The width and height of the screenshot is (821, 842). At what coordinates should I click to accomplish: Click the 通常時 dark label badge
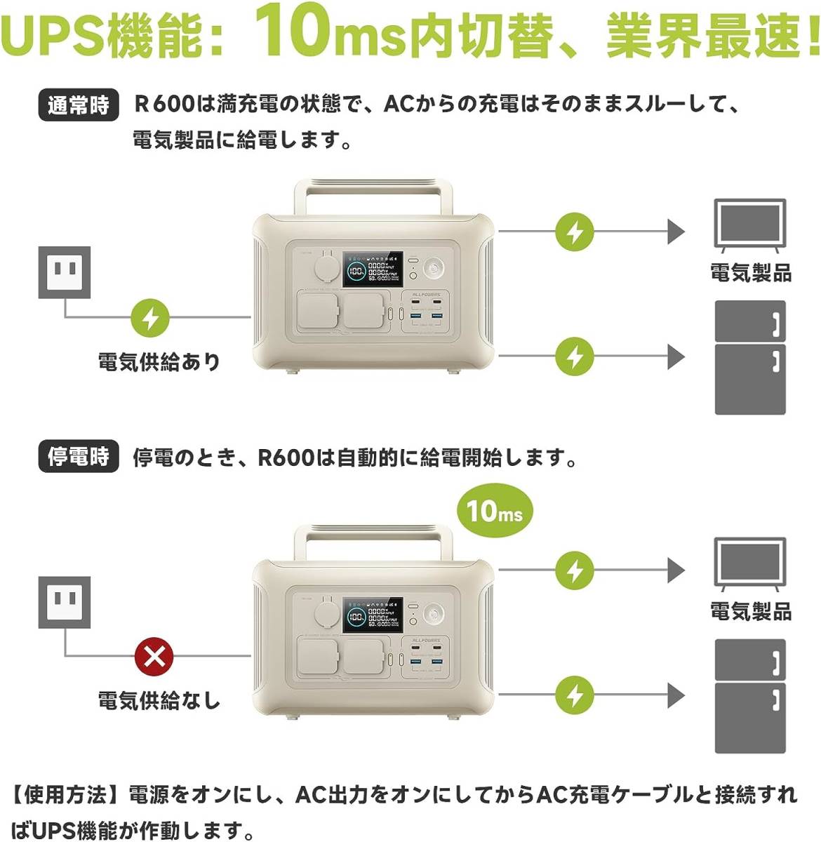point(78,105)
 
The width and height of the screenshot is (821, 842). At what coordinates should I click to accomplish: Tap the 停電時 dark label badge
point(78,457)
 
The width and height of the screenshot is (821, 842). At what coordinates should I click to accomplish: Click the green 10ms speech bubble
point(494,511)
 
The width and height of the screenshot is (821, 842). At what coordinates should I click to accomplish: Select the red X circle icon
point(154,657)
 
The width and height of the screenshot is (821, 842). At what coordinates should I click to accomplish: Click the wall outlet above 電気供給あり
point(65,272)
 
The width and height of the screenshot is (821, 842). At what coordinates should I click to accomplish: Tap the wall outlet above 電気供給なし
point(65,602)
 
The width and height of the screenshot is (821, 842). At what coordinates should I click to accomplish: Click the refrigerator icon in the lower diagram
point(749,695)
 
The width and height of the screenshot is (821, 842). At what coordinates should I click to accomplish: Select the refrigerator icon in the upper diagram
point(749,357)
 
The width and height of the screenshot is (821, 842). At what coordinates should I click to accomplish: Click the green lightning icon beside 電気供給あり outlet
point(151,317)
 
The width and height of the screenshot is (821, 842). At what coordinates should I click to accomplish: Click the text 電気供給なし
point(159,700)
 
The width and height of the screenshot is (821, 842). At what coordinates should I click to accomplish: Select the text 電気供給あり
point(159,362)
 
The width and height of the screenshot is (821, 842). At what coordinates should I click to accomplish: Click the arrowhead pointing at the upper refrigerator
point(676,356)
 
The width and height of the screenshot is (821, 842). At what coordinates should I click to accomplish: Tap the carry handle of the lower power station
point(373,535)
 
